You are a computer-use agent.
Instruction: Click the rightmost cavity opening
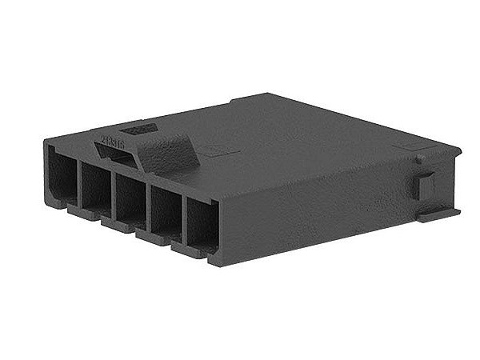pyautogui.click(x=201, y=226)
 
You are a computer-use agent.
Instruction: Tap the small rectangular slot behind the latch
pyautogui.click(x=138, y=127)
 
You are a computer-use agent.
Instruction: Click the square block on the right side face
pyautogui.click(x=426, y=186)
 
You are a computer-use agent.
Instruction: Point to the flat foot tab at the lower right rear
pyautogui.click(x=438, y=214)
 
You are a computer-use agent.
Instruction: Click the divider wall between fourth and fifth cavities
pyautogui.click(x=182, y=219)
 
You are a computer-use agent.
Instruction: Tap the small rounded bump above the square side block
pyautogui.click(x=419, y=159)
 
